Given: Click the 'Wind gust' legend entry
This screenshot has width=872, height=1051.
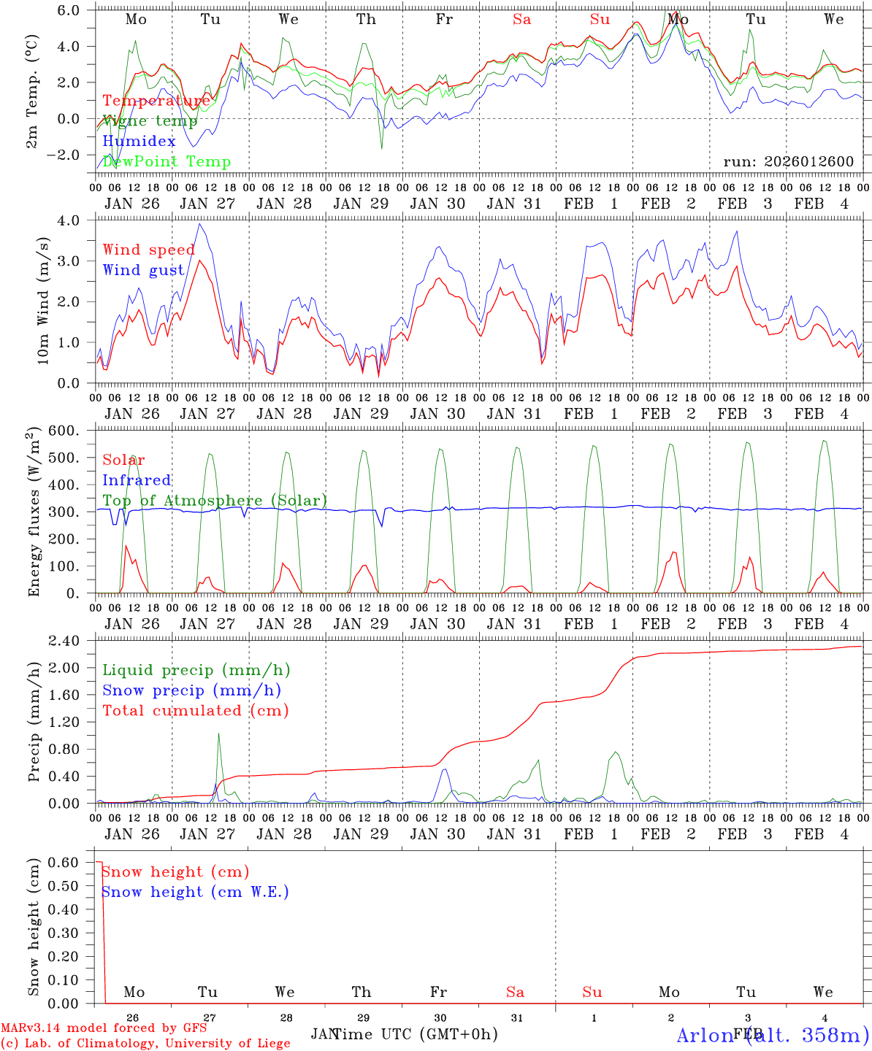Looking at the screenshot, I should [x=143, y=270].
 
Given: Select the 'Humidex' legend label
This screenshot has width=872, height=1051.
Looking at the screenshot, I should [x=139, y=141].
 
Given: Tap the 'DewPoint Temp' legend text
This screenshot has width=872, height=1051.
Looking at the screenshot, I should [x=167, y=161].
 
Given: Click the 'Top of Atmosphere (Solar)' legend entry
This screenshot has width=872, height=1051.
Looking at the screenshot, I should [x=215, y=500].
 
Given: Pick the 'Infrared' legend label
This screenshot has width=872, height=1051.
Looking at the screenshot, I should [x=137, y=480].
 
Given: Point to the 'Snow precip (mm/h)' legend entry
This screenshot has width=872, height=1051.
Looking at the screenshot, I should [x=191, y=690].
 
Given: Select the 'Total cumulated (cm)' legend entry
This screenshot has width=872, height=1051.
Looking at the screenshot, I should [x=195, y=710].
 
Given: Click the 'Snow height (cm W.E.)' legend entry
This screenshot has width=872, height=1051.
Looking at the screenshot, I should [x=195, y=891].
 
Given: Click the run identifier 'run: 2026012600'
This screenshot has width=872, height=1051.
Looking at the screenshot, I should [x=788, y=161].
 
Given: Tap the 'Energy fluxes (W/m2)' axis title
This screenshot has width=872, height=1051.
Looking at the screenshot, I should [x=33, y=513].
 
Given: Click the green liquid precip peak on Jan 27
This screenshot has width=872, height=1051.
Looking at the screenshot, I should [x=218, y=734].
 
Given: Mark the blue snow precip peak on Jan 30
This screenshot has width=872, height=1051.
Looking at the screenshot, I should [x=443, y=769].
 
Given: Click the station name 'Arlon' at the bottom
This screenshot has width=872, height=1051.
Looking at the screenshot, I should [x=705, y=1034].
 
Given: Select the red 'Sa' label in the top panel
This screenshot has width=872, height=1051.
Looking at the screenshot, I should [x=521, y=20].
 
